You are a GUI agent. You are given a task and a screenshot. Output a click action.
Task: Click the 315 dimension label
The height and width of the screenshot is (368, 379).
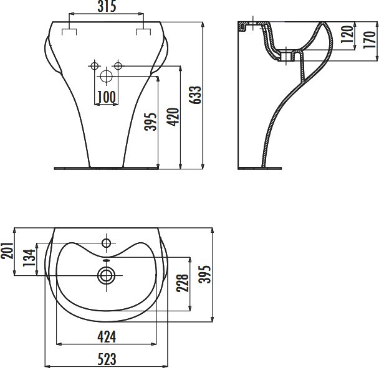pos(107,6)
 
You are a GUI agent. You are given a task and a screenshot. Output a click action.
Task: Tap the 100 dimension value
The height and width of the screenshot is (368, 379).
pos(107,97)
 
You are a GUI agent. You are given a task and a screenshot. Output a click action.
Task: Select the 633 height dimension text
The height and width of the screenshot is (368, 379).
pos(195,95)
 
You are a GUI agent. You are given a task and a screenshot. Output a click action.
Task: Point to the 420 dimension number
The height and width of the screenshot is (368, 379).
pos(173,117)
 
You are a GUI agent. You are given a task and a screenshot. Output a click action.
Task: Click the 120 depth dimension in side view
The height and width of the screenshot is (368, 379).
pos(347,34)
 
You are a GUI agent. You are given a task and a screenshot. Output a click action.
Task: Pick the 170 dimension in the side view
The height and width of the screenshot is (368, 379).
pos(370,40)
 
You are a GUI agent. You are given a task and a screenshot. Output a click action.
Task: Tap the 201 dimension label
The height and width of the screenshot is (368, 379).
pos(7,250)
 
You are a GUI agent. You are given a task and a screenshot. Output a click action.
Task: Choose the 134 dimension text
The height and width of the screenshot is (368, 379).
pos(29,258)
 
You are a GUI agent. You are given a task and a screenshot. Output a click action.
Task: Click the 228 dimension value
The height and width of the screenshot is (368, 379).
pos(183,283)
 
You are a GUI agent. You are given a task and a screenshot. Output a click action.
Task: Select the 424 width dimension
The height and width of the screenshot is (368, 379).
pos(107,337)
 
